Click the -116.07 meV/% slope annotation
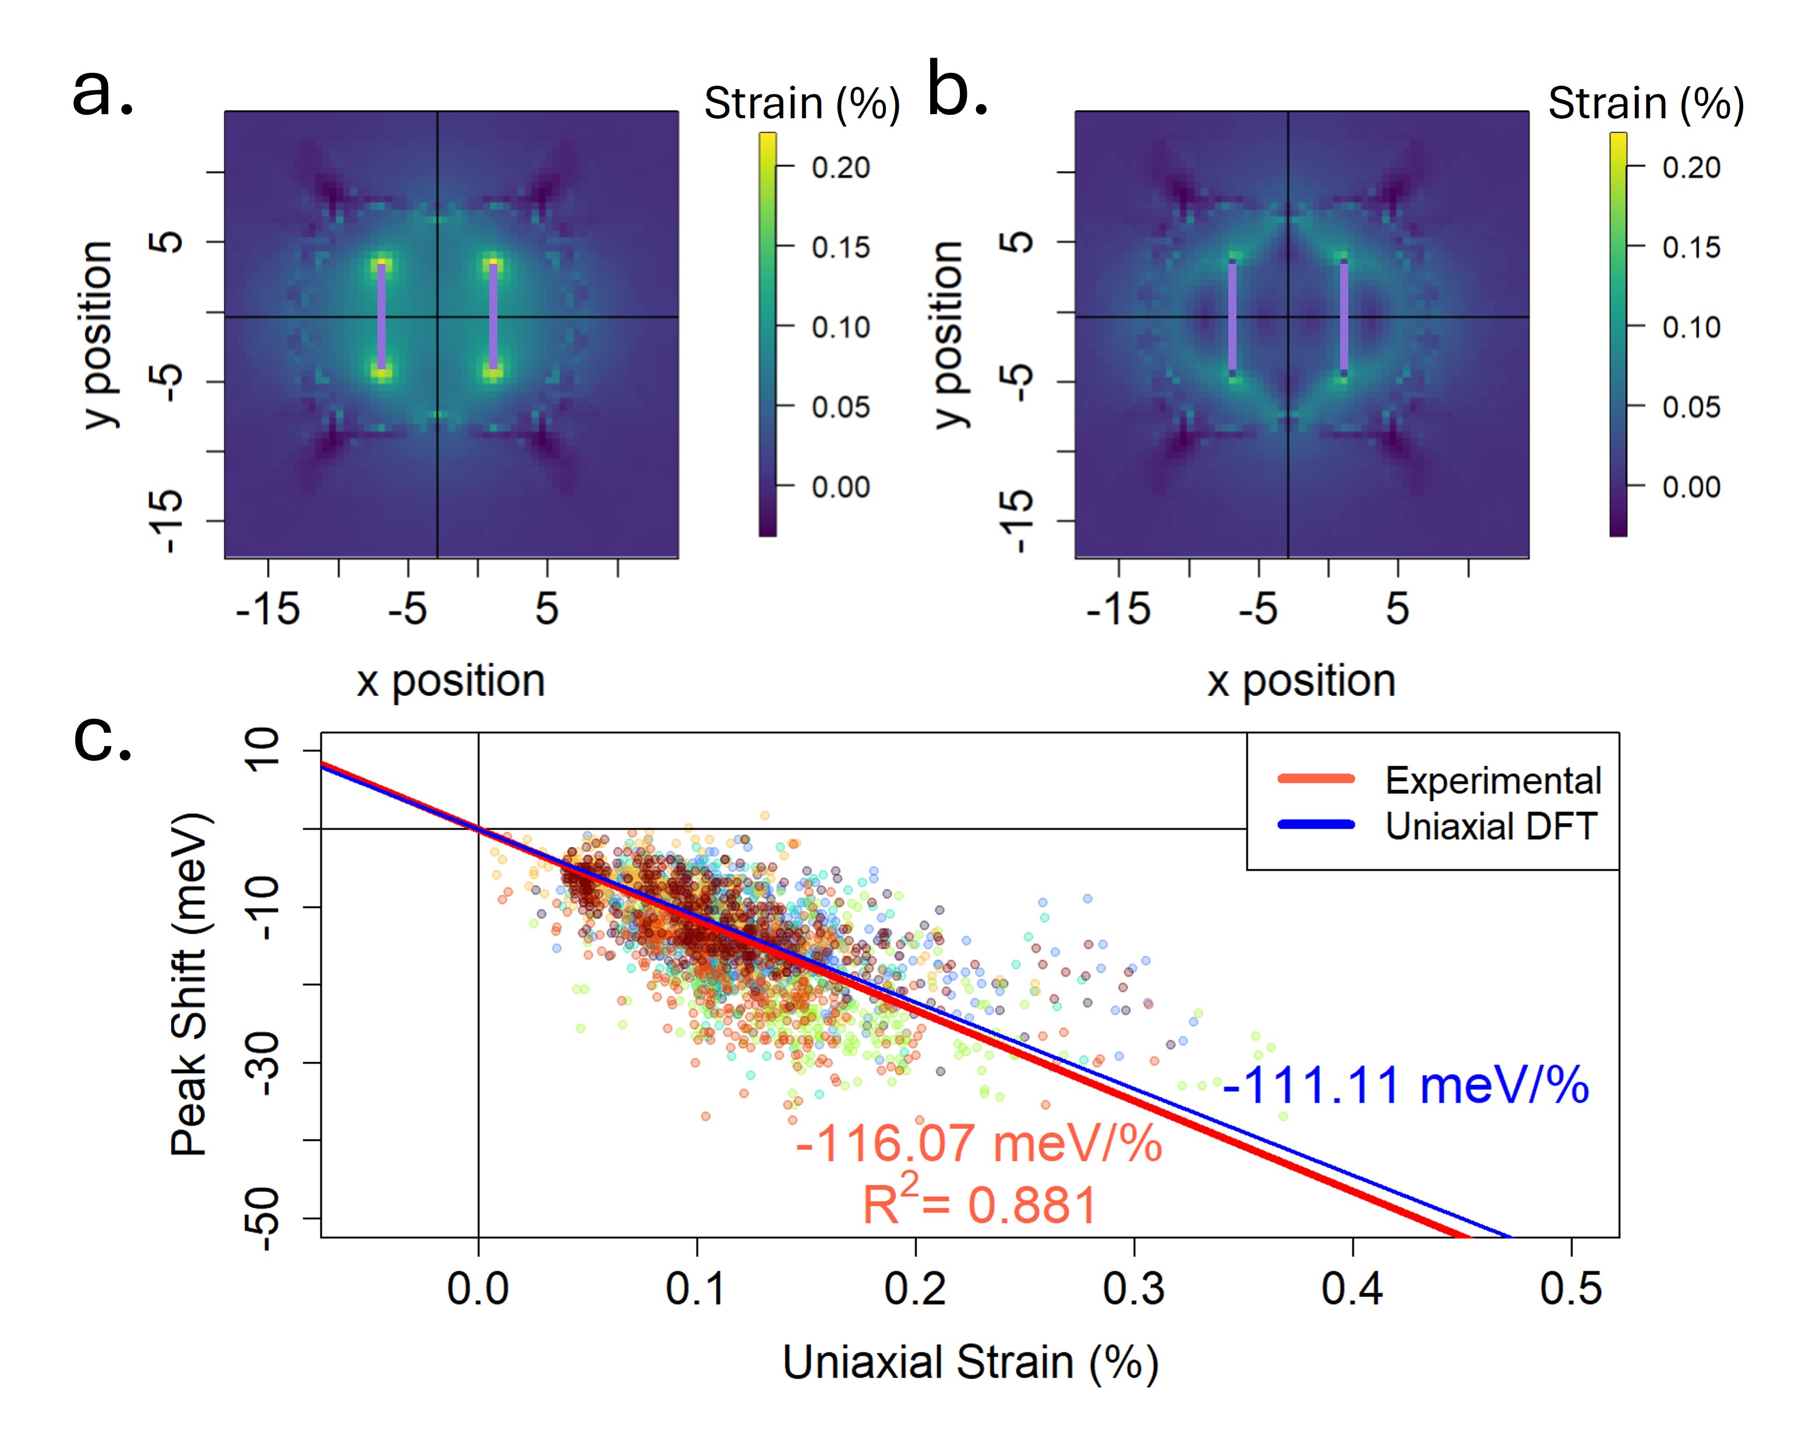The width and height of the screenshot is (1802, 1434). [978, 1143]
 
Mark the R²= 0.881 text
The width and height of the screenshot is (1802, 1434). [978, 1203]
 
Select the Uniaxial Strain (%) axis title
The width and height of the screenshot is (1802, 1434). [970, 1363]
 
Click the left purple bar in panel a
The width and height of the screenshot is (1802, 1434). [382, 316]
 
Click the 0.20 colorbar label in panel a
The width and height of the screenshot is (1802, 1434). [840, 167]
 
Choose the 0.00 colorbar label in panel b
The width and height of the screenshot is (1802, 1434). [1691, 487]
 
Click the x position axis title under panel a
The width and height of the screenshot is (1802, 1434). [451, 681]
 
